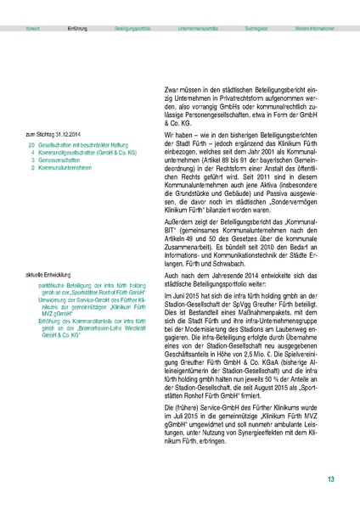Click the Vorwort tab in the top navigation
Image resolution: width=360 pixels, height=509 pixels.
(33, 29)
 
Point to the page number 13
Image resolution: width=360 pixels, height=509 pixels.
(331, 480)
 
